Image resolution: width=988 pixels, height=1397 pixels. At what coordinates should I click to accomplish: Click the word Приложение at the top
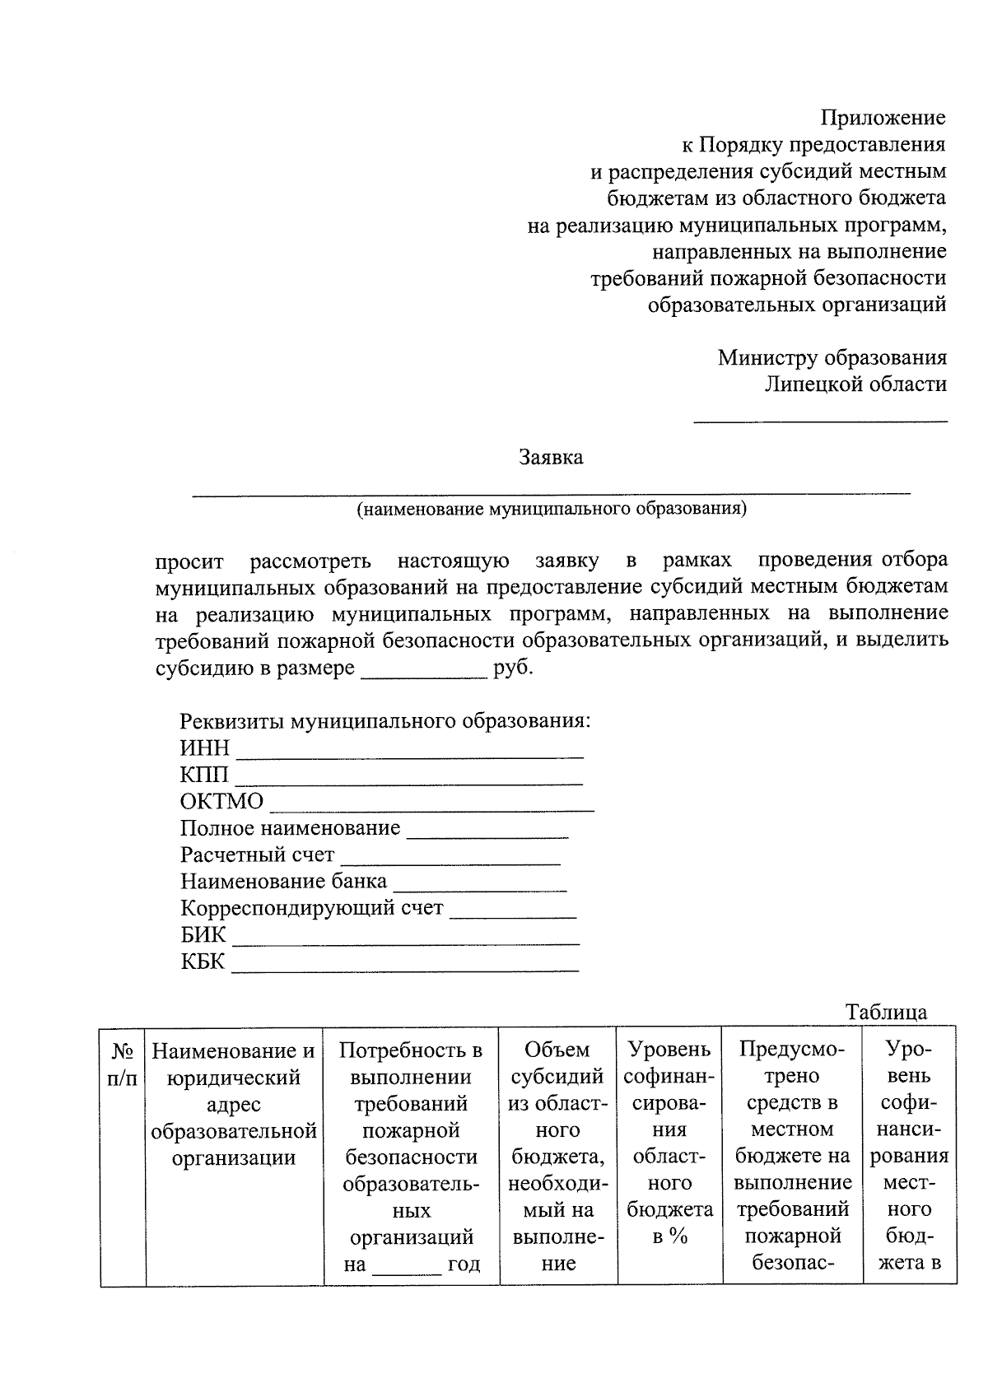(x=883, y=119)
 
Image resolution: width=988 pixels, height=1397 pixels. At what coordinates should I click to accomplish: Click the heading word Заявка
(x=551, y=458)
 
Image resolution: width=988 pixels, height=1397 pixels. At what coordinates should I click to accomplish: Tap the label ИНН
(x=205, y=748)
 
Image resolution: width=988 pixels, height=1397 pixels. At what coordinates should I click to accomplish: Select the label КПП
(x=205, y=775)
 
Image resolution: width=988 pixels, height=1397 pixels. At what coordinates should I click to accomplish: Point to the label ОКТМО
(x=221, y=802)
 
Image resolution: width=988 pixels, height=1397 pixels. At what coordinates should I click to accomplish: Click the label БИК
(x=203, y=935)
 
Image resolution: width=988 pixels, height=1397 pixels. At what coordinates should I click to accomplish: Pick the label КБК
(x=203, y=962)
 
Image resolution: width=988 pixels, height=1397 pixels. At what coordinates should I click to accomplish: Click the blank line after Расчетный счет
(x=450, y=863)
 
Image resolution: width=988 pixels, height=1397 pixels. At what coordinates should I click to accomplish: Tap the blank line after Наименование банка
(x=480, y=889)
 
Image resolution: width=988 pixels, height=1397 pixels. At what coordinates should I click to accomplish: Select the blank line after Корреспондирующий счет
(x=513, y=916)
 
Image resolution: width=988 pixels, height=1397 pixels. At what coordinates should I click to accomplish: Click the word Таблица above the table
(x=886, y=1013)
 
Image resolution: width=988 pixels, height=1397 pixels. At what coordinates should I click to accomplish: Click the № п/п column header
(x=123, y=1064)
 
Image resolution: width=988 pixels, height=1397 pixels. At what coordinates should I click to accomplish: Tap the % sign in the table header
(x=678, y=1236)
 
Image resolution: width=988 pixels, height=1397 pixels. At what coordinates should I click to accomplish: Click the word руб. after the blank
(x=513, y=668)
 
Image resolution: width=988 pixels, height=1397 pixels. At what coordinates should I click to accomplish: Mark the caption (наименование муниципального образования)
(x=551, y=509)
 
